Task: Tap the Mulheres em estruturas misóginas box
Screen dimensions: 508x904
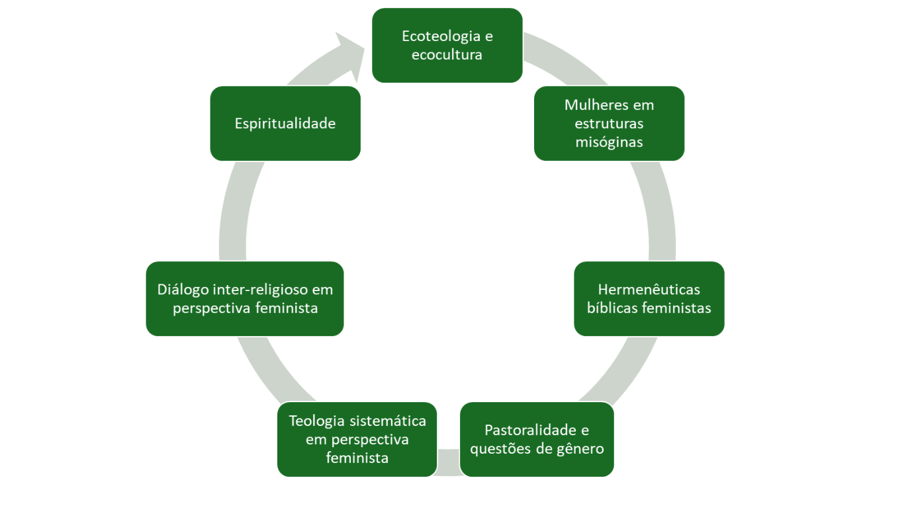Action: [x=609, y=123]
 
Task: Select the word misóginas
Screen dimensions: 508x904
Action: [x=609, y=142]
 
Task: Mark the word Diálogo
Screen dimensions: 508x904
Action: [x=183, y=290]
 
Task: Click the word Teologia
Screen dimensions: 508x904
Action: [x=316, y=421]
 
